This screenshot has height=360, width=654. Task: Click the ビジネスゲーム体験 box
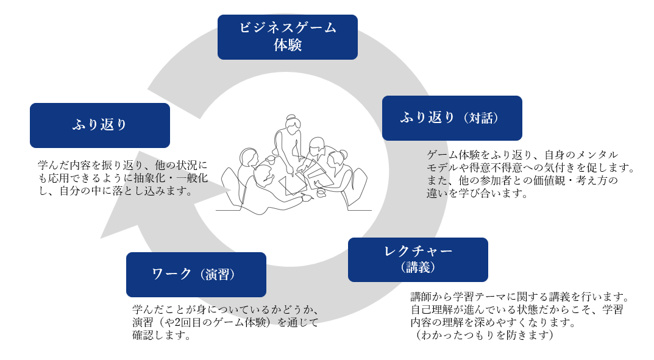287,37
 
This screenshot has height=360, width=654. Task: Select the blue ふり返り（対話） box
452,118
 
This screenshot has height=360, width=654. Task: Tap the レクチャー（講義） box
418,259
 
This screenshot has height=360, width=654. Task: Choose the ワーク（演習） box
196,275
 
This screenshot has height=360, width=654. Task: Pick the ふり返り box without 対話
99,125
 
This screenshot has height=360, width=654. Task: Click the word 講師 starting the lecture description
420,297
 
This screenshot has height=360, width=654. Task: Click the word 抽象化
165,178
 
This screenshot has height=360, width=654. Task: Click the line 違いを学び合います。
477,194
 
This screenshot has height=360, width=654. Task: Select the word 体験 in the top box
287,46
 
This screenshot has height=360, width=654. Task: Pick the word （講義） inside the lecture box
418,268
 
